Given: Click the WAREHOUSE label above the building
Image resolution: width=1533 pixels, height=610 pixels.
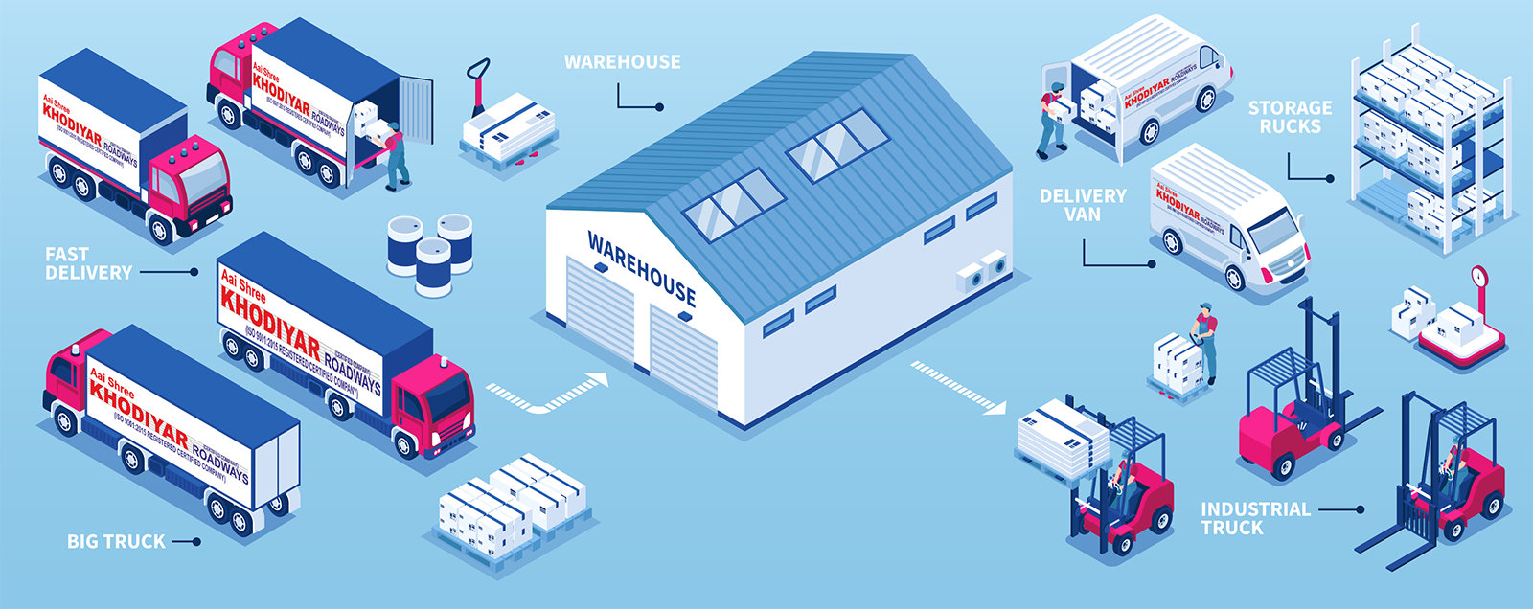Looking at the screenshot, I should coord(622,62).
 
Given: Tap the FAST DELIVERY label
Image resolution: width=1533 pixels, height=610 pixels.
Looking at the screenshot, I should coord(88,263).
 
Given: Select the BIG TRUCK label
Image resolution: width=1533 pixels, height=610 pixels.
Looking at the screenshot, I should coord(116,541).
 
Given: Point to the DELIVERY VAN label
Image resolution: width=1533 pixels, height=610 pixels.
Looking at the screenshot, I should coord(1083,205).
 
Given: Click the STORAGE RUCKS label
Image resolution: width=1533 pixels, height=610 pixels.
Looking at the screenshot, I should coord(1290,117).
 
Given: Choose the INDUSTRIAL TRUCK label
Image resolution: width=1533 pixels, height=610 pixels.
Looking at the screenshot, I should coord(1255,518).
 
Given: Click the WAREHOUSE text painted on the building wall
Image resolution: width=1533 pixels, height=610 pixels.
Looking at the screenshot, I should coord(641,269).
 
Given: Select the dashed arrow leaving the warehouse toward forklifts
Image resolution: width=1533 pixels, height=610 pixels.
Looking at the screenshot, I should coord(957,387).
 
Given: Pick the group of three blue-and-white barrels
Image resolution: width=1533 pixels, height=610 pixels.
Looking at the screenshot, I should coord(430,251).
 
